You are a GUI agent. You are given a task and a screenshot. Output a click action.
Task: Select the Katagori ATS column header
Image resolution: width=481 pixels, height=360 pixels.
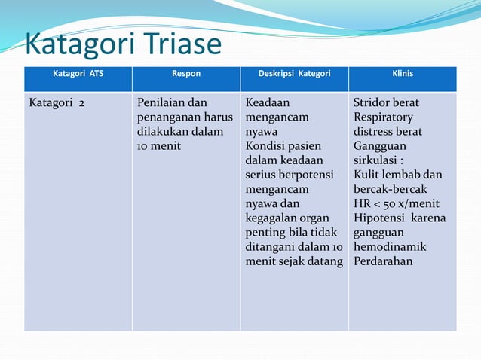[x=78, y=74]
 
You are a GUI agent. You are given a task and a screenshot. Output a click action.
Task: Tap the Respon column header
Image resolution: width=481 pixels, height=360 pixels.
[x=185, y=74]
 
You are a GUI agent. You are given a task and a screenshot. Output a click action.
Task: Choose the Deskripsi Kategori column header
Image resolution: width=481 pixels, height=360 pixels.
[x=294, y=74]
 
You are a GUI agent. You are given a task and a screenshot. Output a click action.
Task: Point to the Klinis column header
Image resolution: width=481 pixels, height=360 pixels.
[x=402, y=74]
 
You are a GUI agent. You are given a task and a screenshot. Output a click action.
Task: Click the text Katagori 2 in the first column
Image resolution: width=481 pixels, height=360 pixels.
[x=57, y=102]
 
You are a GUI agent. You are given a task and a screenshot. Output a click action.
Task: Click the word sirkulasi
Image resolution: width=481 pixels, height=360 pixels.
[x=378, y=160]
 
